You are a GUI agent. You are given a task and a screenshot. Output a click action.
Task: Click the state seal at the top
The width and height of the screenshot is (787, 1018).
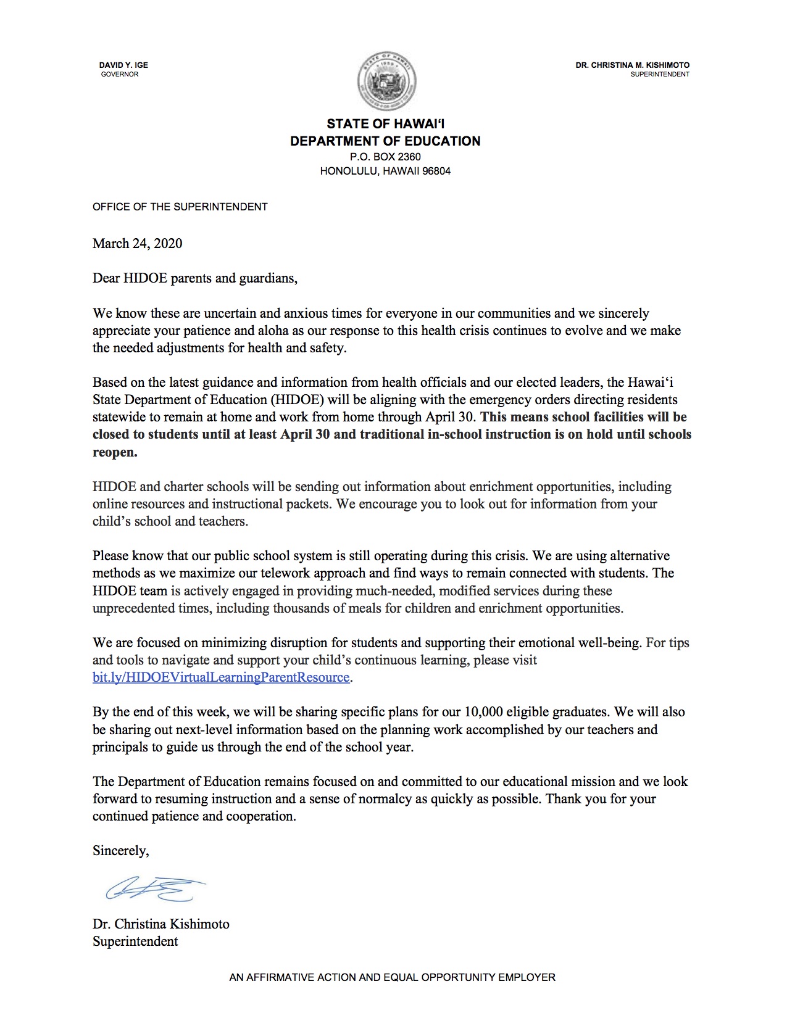pos(386,81)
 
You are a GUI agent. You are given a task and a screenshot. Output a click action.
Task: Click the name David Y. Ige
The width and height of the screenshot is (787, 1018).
pos(123,65)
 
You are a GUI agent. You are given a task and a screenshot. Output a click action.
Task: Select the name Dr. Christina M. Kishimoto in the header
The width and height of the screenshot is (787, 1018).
pos(632,65)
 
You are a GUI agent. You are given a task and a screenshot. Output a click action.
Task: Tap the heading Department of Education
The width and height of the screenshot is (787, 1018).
pos(385,141)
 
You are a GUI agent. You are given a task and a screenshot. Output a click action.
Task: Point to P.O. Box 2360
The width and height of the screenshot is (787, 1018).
pos(385,157)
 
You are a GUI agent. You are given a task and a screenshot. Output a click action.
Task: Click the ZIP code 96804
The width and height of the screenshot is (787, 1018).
pos(436,171)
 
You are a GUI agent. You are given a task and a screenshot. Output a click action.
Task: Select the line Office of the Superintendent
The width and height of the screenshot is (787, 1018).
pos(180,207)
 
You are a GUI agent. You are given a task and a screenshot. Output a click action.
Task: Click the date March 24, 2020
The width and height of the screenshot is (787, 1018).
pos(137,243)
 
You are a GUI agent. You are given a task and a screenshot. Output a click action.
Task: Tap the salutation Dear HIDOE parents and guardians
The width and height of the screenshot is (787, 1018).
pos(194,278)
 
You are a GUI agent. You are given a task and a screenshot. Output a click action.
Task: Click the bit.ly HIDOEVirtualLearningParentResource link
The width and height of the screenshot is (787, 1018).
pos(221,677)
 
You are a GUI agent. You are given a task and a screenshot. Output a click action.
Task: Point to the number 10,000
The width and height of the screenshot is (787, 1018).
pos(483,711)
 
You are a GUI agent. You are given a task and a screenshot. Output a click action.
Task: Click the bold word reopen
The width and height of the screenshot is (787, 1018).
pos(114,452)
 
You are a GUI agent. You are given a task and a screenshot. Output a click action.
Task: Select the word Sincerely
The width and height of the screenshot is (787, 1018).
pos(120,850)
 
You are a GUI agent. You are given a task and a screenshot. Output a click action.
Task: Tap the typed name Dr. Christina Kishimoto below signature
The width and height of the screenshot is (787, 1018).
pos(160,924)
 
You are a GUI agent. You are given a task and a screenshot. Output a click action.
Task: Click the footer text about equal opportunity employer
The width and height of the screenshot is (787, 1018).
pos(392,977)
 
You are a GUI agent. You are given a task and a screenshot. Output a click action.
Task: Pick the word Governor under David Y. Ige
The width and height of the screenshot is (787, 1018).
pos(120,74)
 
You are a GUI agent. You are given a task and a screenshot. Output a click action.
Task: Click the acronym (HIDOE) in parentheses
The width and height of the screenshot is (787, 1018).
pos(297,399)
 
